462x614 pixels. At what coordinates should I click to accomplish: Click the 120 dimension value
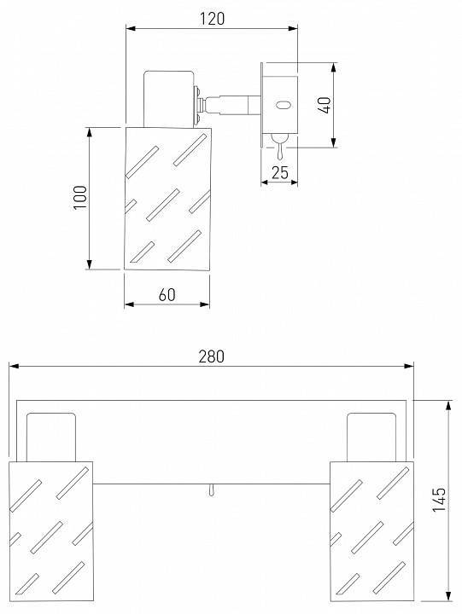click(213, 19)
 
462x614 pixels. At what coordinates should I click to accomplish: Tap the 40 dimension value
click(325, 105)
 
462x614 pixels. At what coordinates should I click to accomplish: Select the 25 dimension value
click(280, 172)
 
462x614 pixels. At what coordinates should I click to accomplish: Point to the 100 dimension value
click(81, 198)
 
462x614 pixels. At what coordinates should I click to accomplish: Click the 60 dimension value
click(167, 295)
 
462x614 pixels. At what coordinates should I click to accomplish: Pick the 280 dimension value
click(212, 356)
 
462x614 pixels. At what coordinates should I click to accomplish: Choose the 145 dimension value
click(439, 499)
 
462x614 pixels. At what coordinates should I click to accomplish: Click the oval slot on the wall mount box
click(283, 105)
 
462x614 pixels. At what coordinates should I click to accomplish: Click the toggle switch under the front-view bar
click(212, 490)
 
